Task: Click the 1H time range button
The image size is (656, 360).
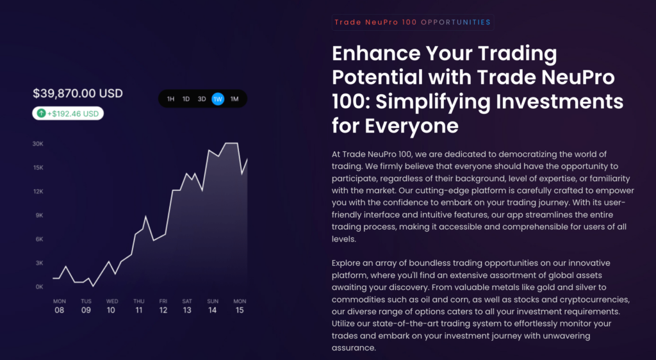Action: tap(170, 99)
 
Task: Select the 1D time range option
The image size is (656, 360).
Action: tap(186, 99)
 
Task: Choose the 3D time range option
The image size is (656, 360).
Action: tap(202, 99)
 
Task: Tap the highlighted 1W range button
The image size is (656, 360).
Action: tap(218, 99)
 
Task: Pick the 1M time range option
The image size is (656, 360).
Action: tap(234, 99)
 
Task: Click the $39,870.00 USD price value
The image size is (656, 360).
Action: tap(78, 94)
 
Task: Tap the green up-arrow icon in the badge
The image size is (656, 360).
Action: tap(41, 113)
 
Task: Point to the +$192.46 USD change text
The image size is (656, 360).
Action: tap(73, 113)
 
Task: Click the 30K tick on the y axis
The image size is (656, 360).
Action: tap(38, 143)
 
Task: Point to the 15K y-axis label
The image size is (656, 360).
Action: tap(38, 167)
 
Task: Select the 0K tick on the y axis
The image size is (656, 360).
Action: tap(38, 286)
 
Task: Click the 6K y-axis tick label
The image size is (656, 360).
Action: tap(38, 239)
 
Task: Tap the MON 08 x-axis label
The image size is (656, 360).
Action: tap(60, 306)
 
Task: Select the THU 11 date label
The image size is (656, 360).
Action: tap(139, 306)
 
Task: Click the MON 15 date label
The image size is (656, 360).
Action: tap(240, 306)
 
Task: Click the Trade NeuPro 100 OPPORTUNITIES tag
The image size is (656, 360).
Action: tap(413, 22)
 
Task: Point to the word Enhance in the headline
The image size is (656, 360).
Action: tap(372, 53)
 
